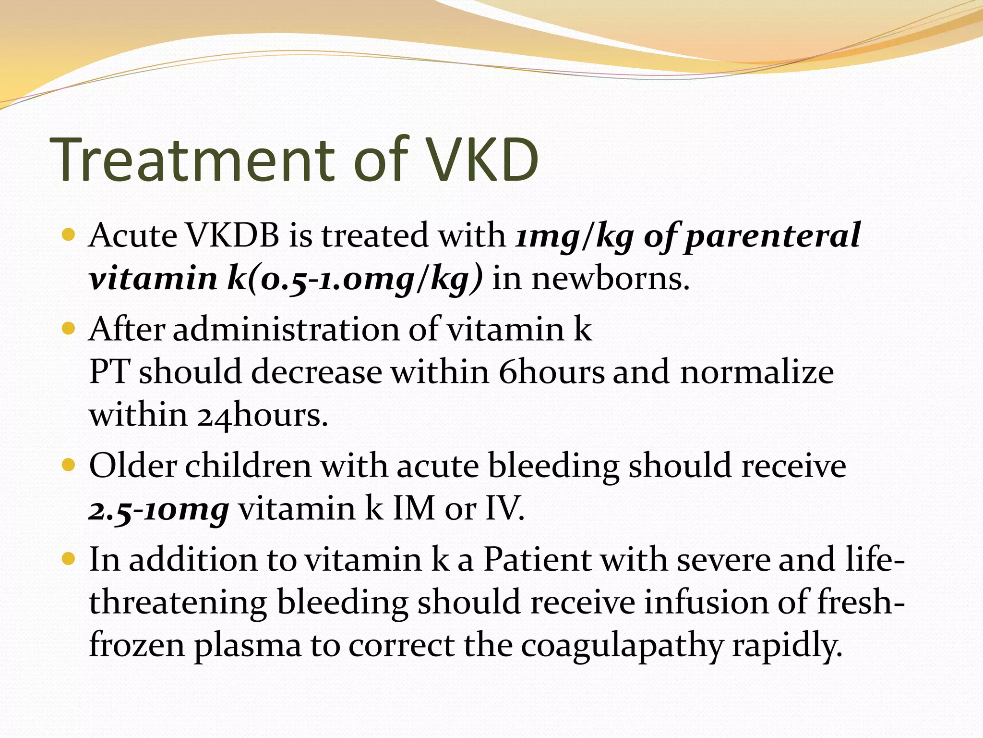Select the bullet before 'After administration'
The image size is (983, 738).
coord(69,329)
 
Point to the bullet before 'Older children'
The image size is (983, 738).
coord(69,465)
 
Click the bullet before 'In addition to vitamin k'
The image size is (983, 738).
coord(69,559)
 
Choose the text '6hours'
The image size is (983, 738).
coord(551,372)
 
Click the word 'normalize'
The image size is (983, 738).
coord(756,372)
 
